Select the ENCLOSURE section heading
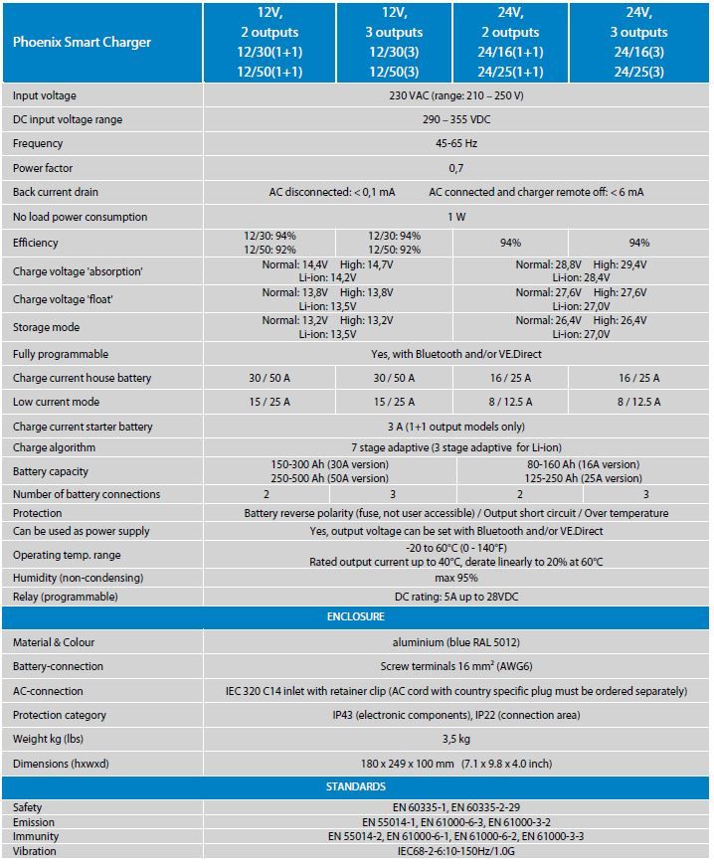coord(356,617)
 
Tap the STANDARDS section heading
coord(356,786)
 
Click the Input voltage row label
coord(45,95)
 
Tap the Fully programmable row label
coord(61,354)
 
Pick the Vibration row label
coord(35,851)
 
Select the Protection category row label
coord(59,715)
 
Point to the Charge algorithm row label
coord(58,447)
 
